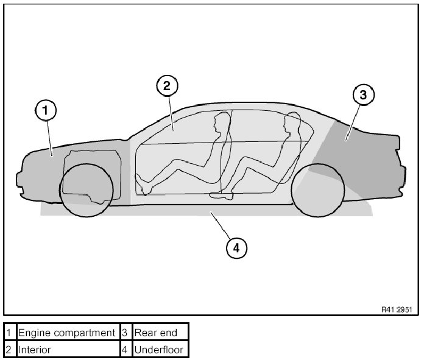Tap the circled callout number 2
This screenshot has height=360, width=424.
tap(166, 86)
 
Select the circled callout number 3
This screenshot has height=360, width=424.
tap(363, 94)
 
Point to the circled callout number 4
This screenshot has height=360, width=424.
tap(236, 247)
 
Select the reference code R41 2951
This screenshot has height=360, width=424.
tap(397, 310)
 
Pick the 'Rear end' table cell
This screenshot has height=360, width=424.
tap(160, 333)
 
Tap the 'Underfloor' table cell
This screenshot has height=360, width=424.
tap(160, 350)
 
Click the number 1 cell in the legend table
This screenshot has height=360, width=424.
tap(9, 333)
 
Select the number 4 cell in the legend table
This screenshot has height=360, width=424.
tap(124, 350)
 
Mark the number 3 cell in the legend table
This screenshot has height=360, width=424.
tap(124, 333)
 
